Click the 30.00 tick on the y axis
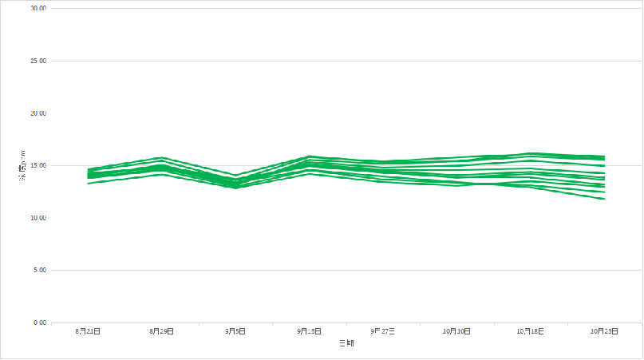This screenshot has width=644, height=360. [x=38, y=8]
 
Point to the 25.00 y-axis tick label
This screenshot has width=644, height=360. [x=38, y=61]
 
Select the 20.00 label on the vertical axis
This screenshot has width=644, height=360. [x=38, y=113]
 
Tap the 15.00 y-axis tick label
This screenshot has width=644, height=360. [x=38, y=165]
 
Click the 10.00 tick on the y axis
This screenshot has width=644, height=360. [x=38, y=218]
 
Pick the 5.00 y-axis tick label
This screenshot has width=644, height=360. [x=39, y=271]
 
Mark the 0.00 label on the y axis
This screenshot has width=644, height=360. [x=39, y=322]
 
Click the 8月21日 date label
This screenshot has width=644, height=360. [x=88, y=330]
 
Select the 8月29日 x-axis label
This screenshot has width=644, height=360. [x=162, y=330]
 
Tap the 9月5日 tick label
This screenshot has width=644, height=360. [x=235, y=330]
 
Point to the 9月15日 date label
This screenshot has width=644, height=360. [x=310, y=330]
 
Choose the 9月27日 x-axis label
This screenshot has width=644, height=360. [x=383, y=330]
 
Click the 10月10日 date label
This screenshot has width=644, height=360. [x=457, y=330]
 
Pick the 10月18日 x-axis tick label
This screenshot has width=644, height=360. [x=531, y=330]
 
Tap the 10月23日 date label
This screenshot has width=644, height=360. [x=604, y=330]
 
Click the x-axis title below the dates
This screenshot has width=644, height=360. [x=346, y=343]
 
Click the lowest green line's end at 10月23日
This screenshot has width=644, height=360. [x=604, y=199]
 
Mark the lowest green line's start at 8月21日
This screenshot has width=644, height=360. [x=89, y=184]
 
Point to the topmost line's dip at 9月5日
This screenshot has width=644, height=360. [x=235, y=175]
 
